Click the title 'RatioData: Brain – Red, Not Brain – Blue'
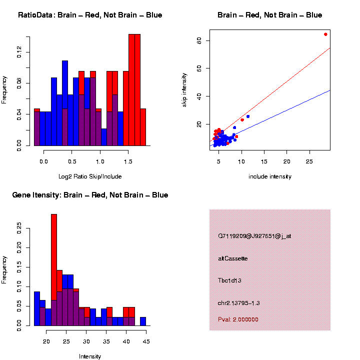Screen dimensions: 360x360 pyautogui.click(x=90, y=15)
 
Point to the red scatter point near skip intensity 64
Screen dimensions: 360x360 pyautogui.click(x=325, y=34)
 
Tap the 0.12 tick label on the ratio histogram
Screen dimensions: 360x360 pyautogui.click(x=19, y=52)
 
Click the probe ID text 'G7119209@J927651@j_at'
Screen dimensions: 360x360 pyautogui.click(x=254, y=235)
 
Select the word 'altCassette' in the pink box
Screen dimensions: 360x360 pyautogui.click(x=233, y=258)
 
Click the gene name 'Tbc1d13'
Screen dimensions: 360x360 pyautogui.click(x=230, y=280)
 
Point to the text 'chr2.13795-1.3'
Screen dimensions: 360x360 pyautogui.click(x=239, y=303)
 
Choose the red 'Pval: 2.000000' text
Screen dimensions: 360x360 pyautogui.click(x=238, y=319)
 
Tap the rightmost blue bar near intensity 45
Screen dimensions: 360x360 pyautogui.click(x=143, y=321)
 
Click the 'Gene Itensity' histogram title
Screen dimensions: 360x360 pyautogui.click(x=90, y=195)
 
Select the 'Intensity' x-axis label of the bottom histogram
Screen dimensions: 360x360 pyautogui.click(x=90, y=356)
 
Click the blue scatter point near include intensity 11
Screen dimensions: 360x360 pyautogui.click(x=248, y=116)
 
